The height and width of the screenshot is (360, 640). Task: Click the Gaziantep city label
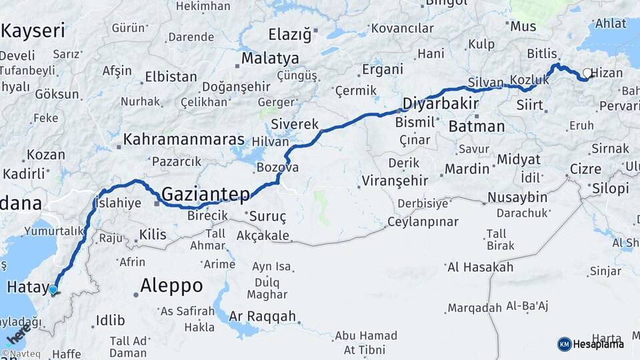tap(205, 194)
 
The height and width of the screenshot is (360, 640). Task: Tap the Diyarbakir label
tap(441, 103)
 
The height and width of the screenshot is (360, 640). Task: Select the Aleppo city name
tap(171, 286)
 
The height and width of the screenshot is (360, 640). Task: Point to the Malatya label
tap(270, 59)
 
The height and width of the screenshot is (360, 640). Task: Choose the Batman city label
tap(477, 126)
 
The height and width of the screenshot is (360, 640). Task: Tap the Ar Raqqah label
tap(262, 316)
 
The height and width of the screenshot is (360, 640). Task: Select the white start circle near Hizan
tap(587, 73)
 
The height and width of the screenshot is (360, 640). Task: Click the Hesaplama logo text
tap(599, 344)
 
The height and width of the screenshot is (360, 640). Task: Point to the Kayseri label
tap(33, 31)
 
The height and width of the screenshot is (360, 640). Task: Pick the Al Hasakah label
tap(480, 267)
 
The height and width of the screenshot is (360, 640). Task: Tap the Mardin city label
tap(467, 169)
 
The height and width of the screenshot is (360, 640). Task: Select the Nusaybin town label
tap(517, 197)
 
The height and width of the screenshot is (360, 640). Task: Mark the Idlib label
tap(110, 321)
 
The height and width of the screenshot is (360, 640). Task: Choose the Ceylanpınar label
tap(423, 221)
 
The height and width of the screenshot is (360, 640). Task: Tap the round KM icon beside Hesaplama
tap(564, 344)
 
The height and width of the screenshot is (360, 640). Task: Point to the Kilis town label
tap(152, 235)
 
